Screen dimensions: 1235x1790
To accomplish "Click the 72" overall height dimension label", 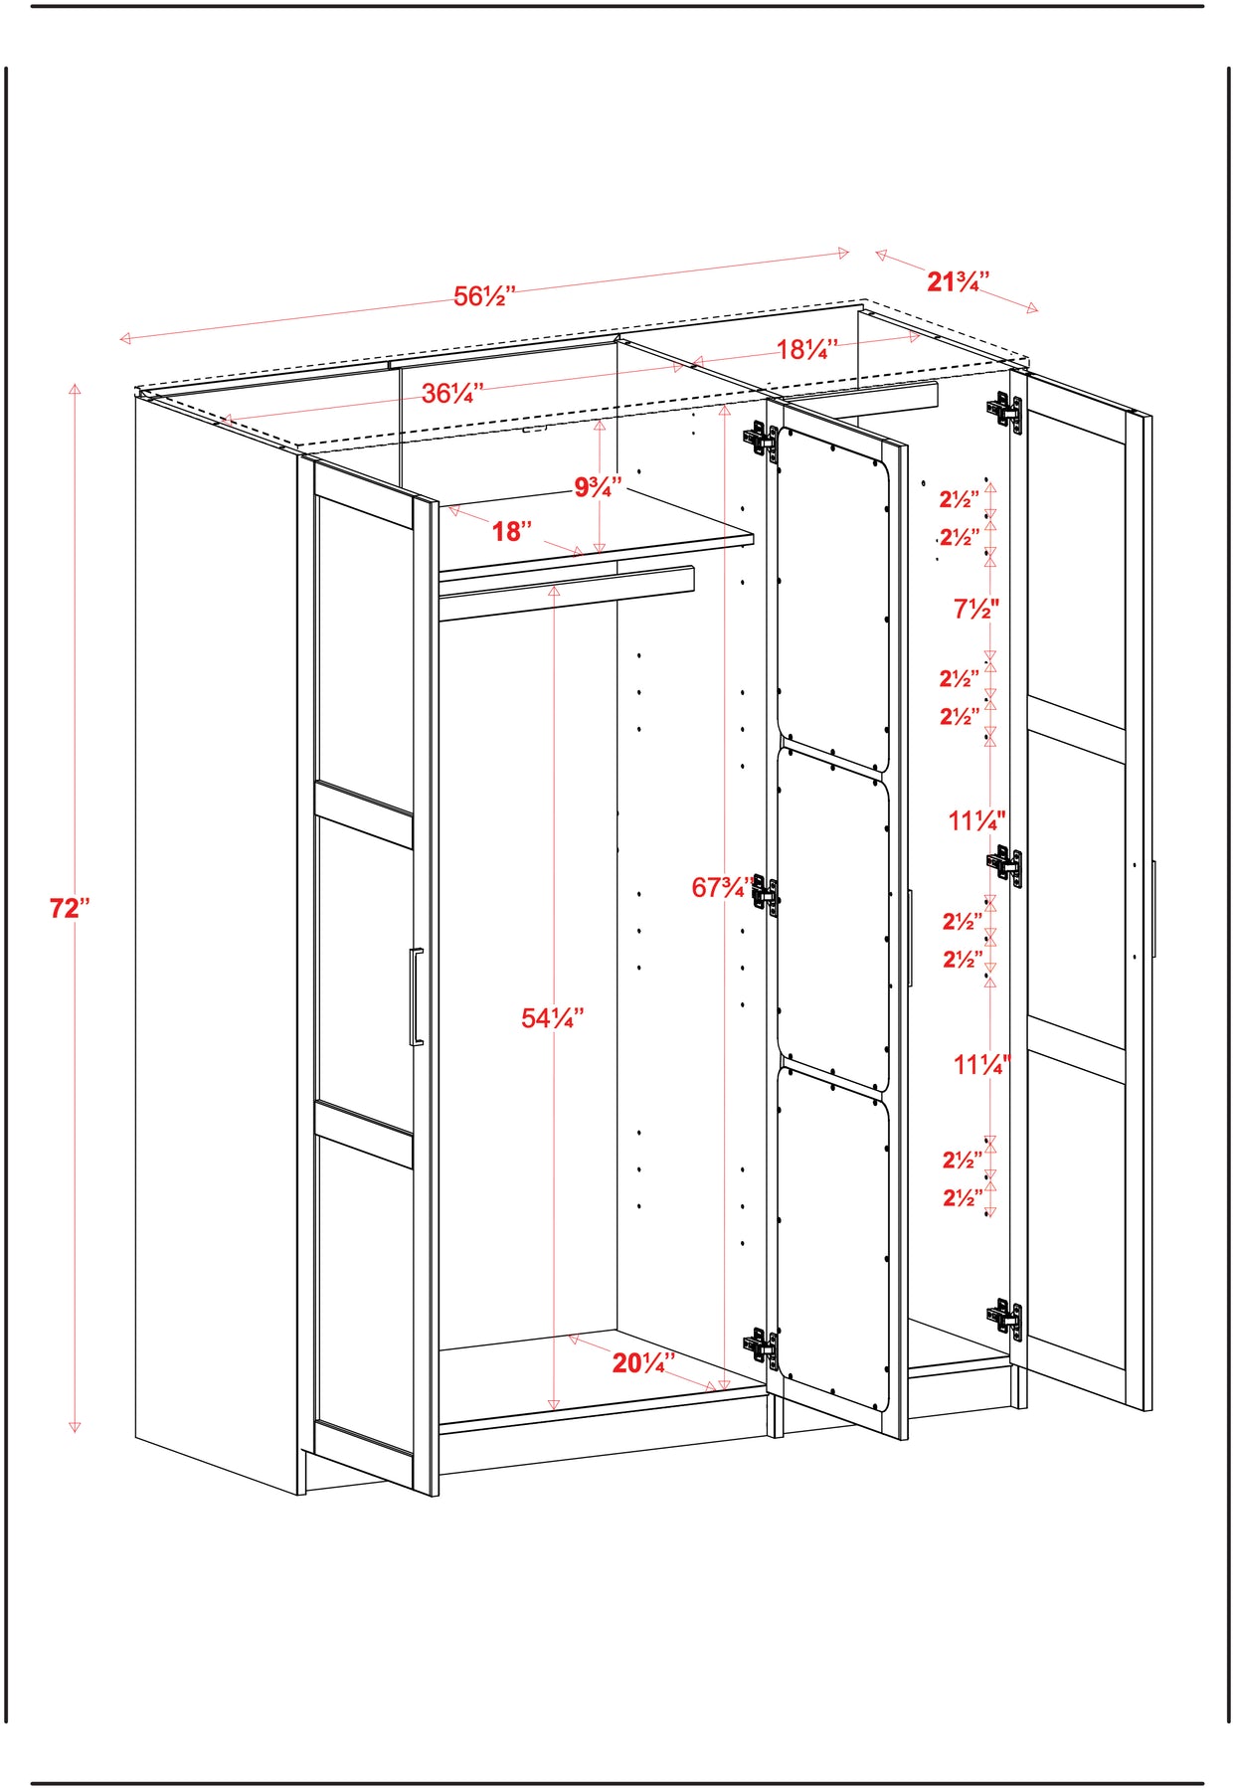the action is pos(70,908).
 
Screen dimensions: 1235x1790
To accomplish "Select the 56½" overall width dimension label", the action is pos(485,296).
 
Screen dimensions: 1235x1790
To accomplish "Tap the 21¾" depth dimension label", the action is pos(958,282).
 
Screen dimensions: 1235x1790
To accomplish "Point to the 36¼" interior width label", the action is pos(452,394).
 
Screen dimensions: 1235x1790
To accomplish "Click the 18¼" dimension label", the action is pos(807,349).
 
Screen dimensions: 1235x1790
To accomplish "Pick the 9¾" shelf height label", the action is pos(598,487).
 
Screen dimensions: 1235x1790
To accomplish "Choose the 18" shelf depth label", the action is pos(512,532).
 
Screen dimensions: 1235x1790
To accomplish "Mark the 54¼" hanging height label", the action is pos(552,1018).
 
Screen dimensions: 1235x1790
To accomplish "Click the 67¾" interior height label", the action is pos(723,887).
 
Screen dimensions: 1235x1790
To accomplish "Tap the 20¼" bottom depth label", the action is pos(643,1362).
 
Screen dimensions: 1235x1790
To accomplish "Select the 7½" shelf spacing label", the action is pos(976,609).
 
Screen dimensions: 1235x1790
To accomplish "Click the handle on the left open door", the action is pos(416,996).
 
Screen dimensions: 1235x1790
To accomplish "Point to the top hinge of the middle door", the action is pos(761,439).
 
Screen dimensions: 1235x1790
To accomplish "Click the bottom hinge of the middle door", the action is pos(761,1348).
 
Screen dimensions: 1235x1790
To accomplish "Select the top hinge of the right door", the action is pos(1005,411).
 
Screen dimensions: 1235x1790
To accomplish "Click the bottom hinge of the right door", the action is pos(1005,1318).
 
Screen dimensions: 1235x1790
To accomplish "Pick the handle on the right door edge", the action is pos(1153,909).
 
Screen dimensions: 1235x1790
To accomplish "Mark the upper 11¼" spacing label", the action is pos(976,821).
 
